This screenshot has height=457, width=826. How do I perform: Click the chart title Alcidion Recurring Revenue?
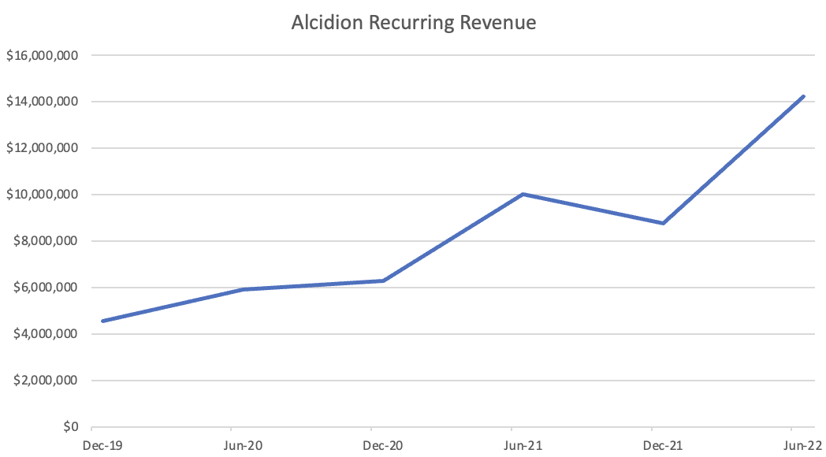[413, 23]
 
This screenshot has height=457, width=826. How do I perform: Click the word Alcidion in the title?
[322, 23]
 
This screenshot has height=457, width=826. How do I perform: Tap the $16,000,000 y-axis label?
[42, 56]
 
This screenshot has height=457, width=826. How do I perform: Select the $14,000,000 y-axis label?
[42, 102]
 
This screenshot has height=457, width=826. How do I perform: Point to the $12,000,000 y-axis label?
[42, 149]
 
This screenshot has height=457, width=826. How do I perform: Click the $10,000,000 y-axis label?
[42, 195]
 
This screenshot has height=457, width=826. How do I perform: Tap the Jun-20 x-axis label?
[244, 446]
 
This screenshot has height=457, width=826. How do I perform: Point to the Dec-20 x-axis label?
[385, 446]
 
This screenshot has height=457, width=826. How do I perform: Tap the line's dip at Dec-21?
[664, 223]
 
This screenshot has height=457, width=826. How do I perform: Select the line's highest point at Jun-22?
[803, 96]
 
